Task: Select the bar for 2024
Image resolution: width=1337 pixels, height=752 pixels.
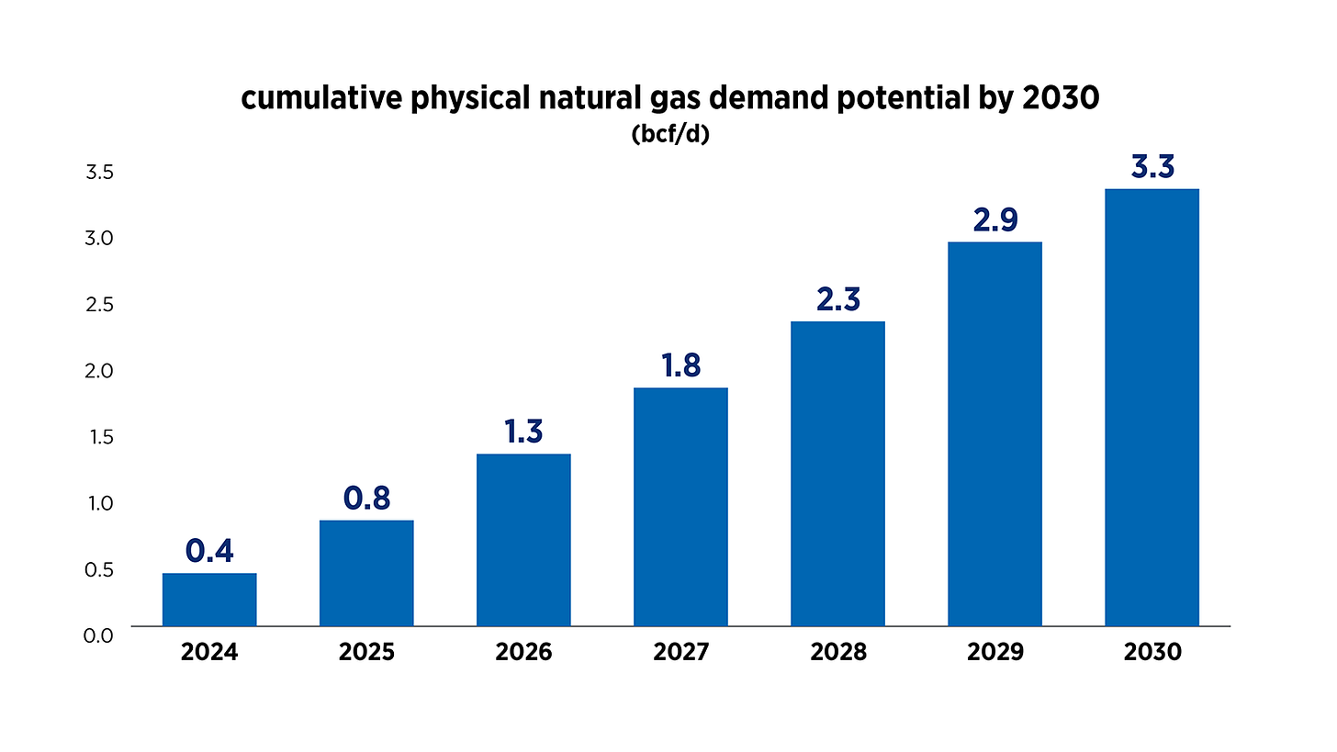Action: pyautogui.click(x=209, y=600)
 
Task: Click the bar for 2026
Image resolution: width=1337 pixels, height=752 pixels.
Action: pyautogui.click(x=523, y=540)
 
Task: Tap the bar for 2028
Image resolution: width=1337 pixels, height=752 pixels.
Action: pyautogui.click(x=837, y=474)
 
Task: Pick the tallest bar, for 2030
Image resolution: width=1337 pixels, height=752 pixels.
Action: pyautogui.click(x=1152, y=408)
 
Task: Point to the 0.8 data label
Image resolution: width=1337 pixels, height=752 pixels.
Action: pyautogui.click(x=366, y=498)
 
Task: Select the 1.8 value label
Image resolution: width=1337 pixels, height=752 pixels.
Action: pyautogui.click(x=680, y=365)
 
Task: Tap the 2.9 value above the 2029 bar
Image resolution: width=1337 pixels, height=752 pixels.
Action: pyautogui.click(x=994, y=220)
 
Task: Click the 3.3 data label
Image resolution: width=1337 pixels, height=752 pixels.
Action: pyautogui.click(x=1152, y=168)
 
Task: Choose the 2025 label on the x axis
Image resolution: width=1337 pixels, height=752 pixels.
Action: pyautogui.click(x=366, y=653)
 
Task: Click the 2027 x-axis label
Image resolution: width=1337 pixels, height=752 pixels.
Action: pyautogui.click(x=680, y=653)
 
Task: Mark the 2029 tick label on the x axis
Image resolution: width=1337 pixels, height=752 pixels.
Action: pyautogui.click(x=994, y=653)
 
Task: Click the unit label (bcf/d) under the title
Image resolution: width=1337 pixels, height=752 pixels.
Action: pyautogui.click(x=669, y=134)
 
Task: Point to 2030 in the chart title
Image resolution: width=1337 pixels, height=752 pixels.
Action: pyautogui.click(x=1060, y=99)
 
